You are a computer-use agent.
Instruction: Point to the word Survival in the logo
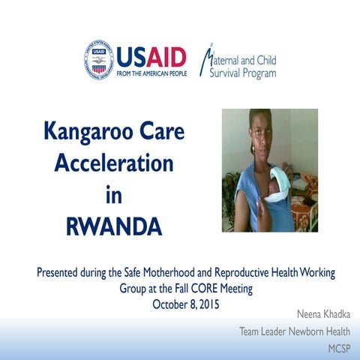[224, 73]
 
